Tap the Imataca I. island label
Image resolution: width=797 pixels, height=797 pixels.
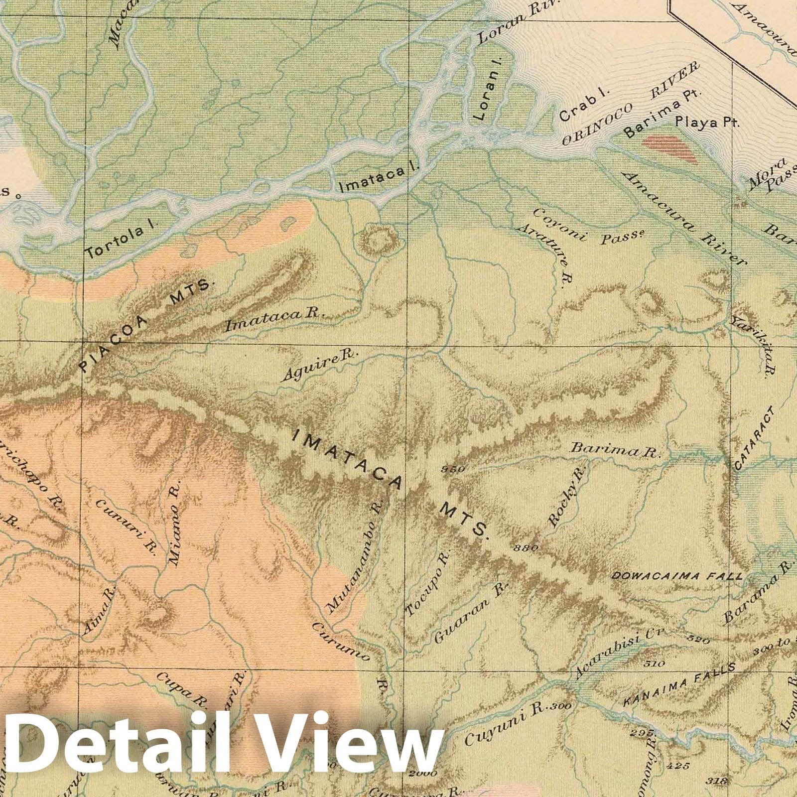pos(379,178)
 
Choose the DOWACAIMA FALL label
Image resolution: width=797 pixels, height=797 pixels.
pos(676,576)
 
